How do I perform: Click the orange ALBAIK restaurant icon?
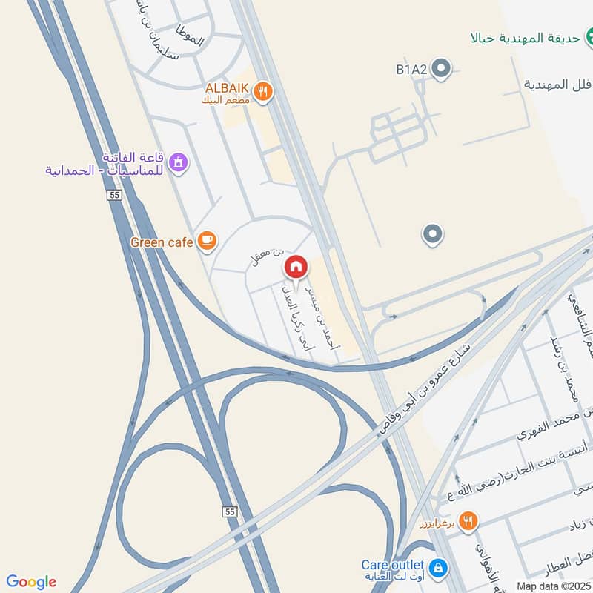pos(262,92)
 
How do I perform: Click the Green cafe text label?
pos(162,242)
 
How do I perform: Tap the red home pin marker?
pos(296,268)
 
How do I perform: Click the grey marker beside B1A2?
pos(442,70)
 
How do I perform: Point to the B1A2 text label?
pos(411,70)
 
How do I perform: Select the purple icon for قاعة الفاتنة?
pos(178,162)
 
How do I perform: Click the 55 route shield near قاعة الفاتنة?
pos(113,194)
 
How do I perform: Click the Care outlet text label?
pos(393,564)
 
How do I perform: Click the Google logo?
pos(31,582)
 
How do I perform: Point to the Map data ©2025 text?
pos(554,586)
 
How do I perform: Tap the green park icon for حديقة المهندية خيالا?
pos(583,37)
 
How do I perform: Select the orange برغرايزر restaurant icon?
pos(467,521)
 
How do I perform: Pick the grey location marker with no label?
pos(433,236)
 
